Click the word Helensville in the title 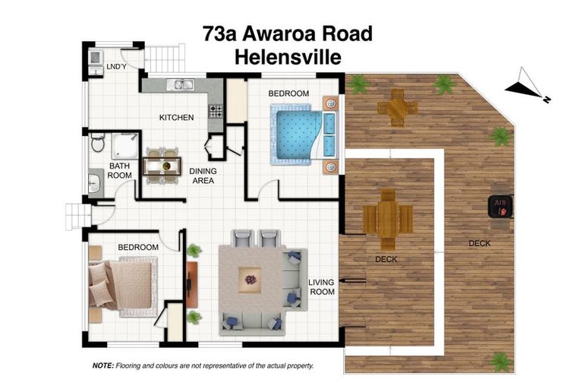pos(288,56)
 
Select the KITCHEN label pos(176,118)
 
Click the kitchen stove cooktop pos(216,111)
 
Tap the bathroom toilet pos(97,142)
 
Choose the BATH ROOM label pos(120,170)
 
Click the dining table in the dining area pos(162,164)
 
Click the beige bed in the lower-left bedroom pos(124,286)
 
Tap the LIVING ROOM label pos(322,287)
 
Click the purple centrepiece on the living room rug pos(251,279)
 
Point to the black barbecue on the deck pos(499,205)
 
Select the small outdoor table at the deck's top pos(396,107)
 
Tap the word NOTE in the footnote pos(102,365)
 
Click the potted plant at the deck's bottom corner pos(500,360)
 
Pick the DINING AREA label pos(202,176)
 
